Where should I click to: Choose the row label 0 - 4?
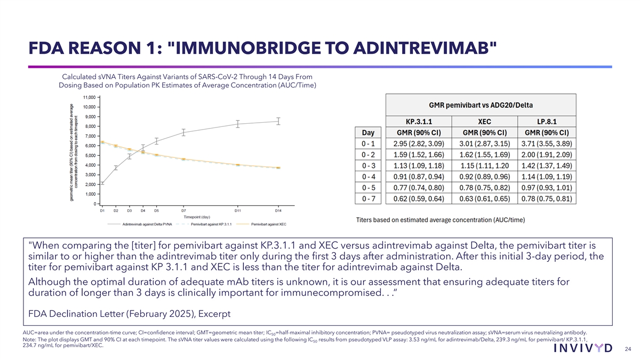coord(369,177)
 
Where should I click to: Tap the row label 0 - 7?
coord(369,199)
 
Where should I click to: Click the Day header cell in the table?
coord(368,132)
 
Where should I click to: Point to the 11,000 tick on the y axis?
coord(89,98)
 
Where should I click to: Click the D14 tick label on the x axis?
coord(278,211)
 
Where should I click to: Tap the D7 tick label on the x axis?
coord(183,211)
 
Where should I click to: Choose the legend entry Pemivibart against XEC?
coord(269,225)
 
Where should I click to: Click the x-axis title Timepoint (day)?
coord(197,218)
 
